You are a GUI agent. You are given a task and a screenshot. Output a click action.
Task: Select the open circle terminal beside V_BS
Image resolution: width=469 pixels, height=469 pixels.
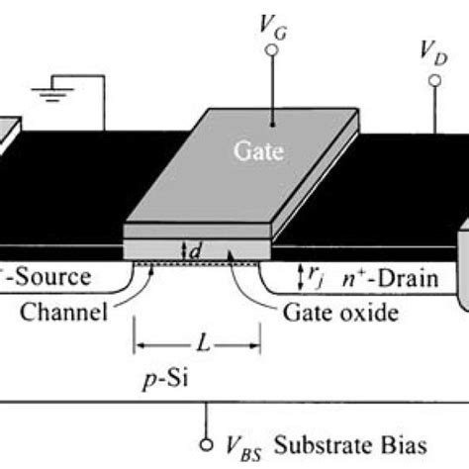coord(206,442)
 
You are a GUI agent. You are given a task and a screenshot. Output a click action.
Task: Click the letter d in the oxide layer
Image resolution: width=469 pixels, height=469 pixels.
coord(196,251)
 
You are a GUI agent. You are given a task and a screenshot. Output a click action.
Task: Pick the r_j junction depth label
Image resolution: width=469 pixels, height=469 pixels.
coord(325,279)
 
